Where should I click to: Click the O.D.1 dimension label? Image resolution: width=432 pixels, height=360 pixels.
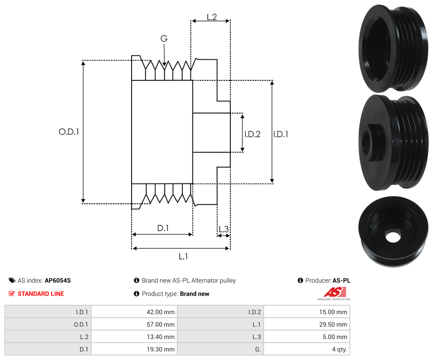(x=69, y=132)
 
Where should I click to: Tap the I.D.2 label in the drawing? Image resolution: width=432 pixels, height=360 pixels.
(x=252, y=134)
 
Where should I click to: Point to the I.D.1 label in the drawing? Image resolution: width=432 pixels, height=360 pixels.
(x=281, y=134)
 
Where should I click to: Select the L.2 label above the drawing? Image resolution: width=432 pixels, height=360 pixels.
(x=212, y=17)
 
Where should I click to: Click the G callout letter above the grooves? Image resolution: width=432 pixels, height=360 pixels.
(x=164, y=39)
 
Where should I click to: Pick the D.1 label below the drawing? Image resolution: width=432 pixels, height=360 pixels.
(x=163, y=228)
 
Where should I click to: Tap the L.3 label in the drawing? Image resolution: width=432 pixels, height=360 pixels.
(x=223, y=230)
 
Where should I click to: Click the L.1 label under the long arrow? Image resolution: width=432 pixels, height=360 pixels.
(x=183, y=257)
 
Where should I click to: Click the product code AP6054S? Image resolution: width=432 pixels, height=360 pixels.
(x=58, y=281)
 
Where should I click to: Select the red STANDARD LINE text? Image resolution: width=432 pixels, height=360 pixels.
(x=40, y=294)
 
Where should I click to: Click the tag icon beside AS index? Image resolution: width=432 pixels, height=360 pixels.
(x=12, y=281)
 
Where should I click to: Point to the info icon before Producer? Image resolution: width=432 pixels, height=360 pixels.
(x=300, y=281)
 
